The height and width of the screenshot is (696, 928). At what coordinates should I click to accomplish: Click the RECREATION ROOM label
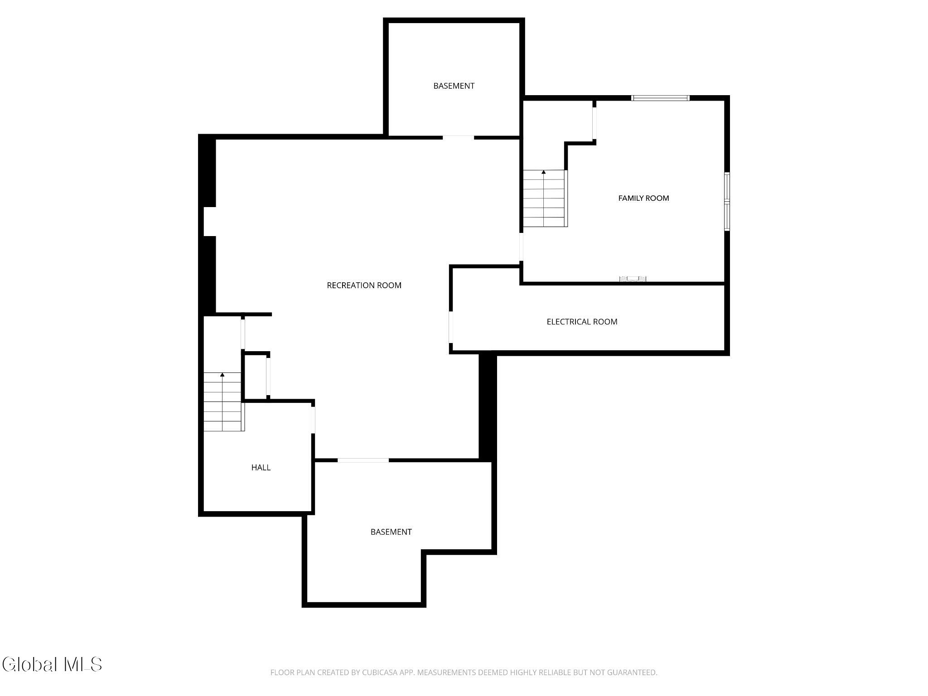click(364, 285)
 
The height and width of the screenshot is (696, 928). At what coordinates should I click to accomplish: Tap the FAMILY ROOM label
click(643, 198)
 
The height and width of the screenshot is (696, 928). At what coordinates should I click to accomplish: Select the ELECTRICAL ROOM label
click(582, 322)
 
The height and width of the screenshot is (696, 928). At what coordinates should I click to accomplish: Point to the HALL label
click(261, 468)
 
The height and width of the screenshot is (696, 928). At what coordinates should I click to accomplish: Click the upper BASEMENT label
click(454, 86)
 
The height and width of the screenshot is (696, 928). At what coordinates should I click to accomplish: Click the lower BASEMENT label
click(391, 532)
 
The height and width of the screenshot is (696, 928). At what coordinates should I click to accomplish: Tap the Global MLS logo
click(52, 664)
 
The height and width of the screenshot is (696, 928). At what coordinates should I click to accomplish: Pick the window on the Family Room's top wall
click(660, 98)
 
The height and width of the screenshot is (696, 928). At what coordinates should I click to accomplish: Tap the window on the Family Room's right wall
click(727, 201)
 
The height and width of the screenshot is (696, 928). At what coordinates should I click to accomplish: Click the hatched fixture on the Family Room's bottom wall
click(633, 279)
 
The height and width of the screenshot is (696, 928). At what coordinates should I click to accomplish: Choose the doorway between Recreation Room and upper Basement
click(458, 137)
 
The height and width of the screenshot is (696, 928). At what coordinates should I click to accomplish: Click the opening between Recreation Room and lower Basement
click(363, 460)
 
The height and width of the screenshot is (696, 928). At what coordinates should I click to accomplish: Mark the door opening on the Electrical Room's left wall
click(451, 327)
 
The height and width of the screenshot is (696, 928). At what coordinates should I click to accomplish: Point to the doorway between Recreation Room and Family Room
click(521, 247)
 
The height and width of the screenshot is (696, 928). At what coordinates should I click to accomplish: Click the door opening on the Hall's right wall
click(313, 420)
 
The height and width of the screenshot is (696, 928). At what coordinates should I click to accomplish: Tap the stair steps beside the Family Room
click(545, 198)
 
